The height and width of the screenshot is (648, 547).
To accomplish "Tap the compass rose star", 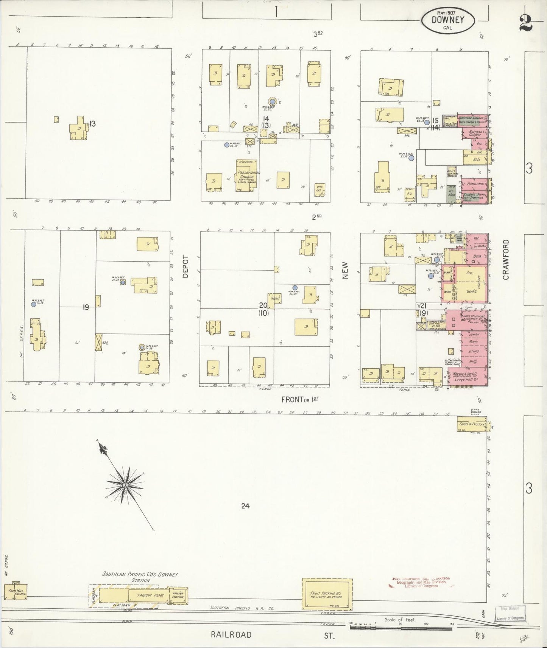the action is (125, 485).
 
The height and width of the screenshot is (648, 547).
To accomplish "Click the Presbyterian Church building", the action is (247, 175).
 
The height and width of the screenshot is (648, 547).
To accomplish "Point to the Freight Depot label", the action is (146, 595).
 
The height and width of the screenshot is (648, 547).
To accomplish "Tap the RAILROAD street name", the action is (231, 634).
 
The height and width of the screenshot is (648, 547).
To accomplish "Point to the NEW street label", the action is (345, 271).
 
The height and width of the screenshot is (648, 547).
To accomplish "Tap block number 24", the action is (245, 505).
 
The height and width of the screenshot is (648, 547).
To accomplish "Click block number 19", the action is (86, 307).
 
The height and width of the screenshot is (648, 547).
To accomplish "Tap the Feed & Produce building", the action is (471, 424).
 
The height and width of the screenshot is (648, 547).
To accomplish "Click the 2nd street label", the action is (316, 217).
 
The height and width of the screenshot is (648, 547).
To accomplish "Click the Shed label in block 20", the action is (275, 298).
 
